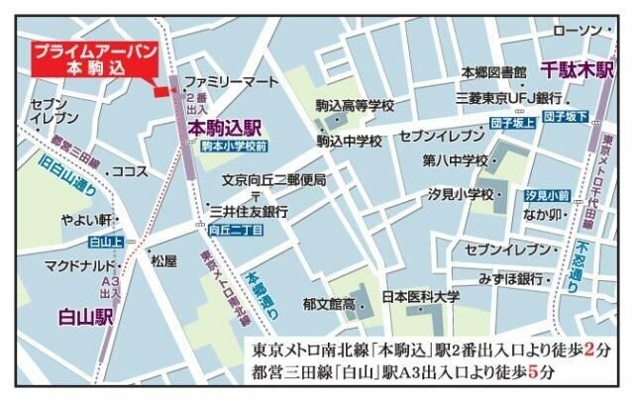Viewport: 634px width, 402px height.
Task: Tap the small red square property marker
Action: (158, 93)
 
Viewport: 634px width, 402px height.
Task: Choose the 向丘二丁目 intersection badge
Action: (235, 229)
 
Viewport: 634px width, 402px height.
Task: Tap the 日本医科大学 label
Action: (421, 296)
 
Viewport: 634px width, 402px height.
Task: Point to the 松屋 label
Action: (163, 261)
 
